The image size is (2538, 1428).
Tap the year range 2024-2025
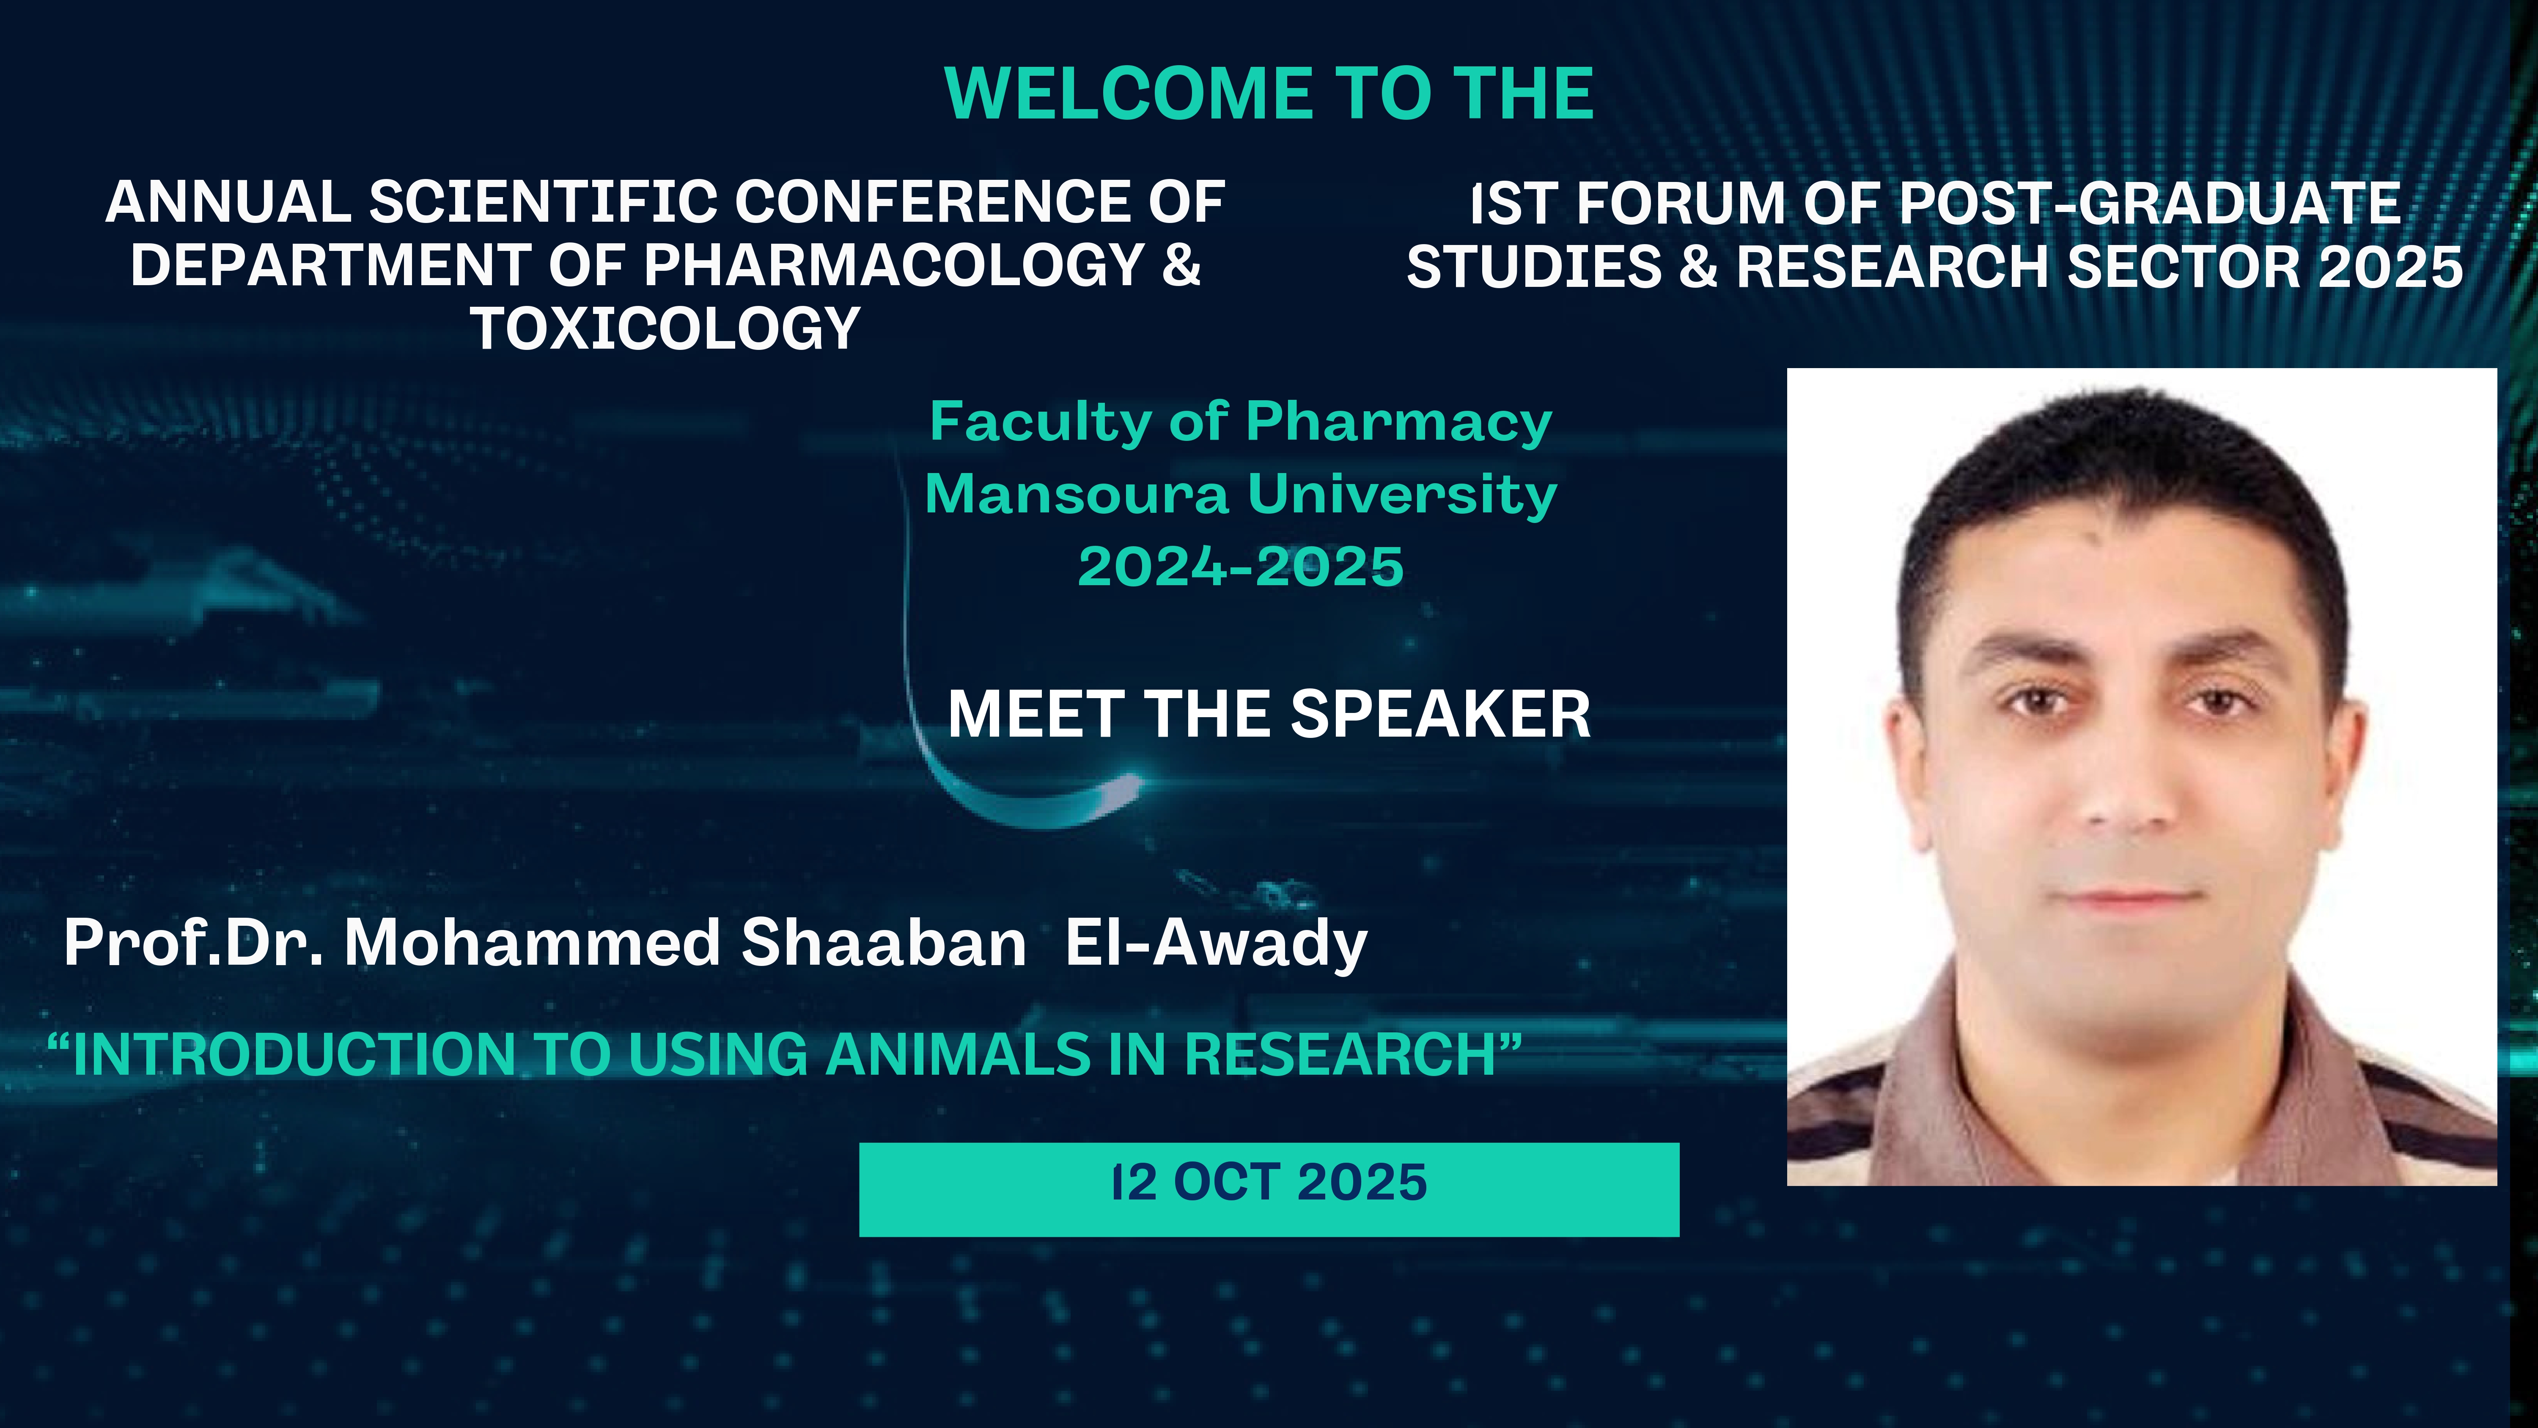[x=1240, y=567]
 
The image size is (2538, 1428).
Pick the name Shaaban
[x=884, y=943]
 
